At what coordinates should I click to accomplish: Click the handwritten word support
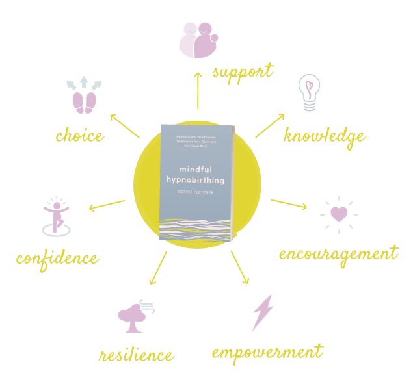[243, 71]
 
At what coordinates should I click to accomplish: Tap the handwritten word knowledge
[325, 136]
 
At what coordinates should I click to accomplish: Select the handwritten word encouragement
[338, 253]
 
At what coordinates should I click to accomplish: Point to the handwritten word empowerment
[267, 353]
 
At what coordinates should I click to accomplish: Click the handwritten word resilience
[137, 355]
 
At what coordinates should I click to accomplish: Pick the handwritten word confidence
[58, 258]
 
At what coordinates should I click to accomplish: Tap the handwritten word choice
[79, 136]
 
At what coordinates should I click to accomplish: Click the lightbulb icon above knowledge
[310, 94]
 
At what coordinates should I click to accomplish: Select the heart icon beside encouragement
[339, 214]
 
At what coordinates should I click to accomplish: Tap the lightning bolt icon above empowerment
[262, 313]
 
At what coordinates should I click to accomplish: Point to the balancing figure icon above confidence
[57, 216]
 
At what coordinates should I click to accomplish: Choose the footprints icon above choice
[85, 95]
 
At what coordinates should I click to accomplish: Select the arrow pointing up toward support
[197, 91]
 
